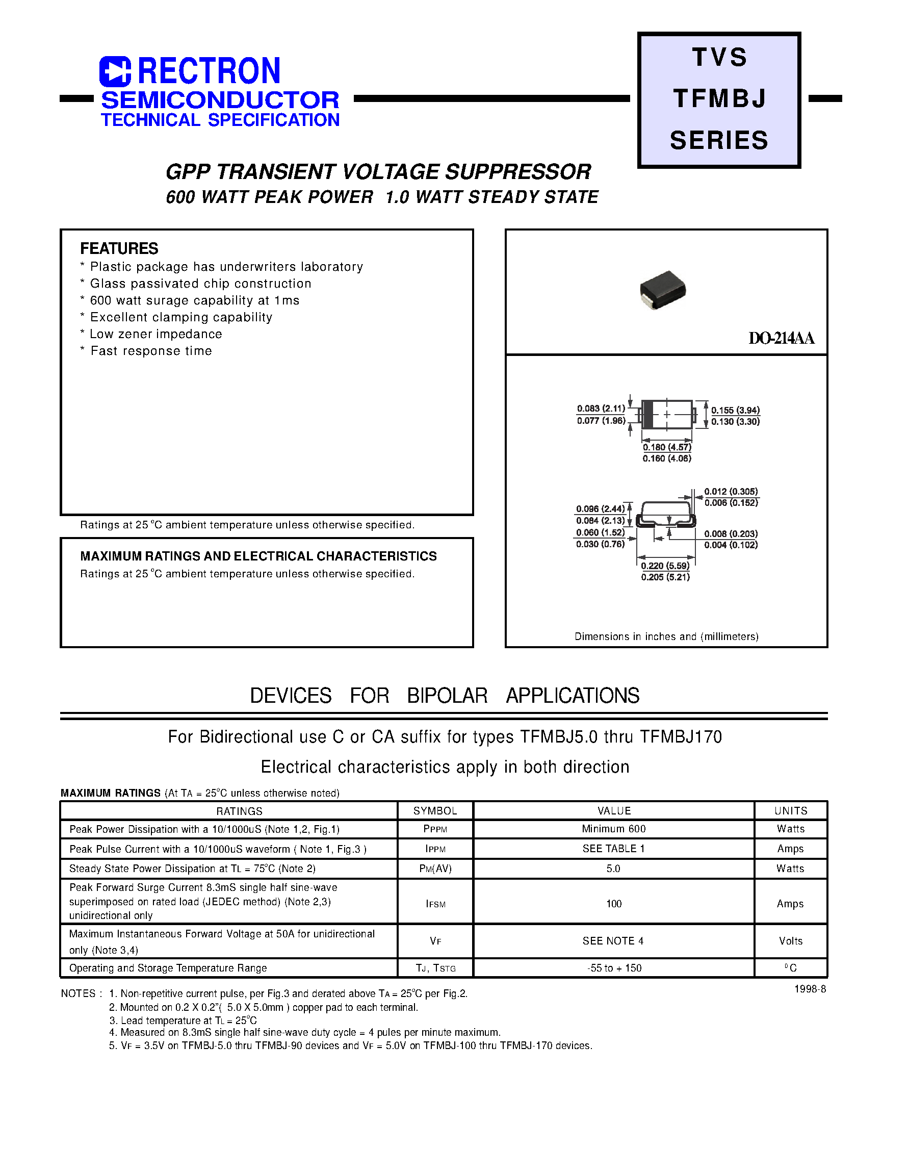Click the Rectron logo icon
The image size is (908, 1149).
click(115, 71)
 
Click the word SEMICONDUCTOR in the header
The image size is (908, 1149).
click(220, 100)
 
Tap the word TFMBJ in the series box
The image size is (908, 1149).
click(719, 99)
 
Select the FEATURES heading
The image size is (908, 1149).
click(119, 248)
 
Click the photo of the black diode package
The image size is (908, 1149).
click(662, 290)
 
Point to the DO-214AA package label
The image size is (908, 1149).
click(781, 338)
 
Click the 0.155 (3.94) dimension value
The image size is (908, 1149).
click(735, 410)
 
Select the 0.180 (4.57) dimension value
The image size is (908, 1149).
click(667, 447)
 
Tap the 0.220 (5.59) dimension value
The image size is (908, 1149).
click(665, 566)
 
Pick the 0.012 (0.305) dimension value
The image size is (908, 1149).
click(731, 491)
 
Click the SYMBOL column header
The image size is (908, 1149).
click(435, 811)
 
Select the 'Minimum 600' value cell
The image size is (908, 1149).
click(613, 829)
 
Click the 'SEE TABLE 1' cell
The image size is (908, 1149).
click(613, 849)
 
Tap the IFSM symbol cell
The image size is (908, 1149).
click(435, 904)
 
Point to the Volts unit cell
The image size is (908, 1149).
click(791, 941)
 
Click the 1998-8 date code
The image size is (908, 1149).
click(810, 989)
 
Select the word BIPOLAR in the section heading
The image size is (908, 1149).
click(447, 696)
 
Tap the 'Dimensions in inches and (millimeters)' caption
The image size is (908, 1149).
click(666, 636)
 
